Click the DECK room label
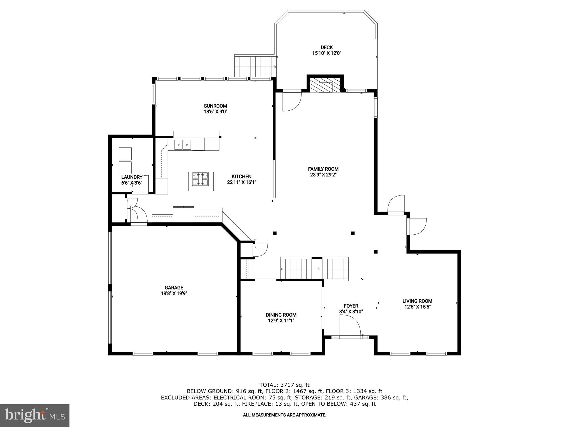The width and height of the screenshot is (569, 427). [x=326, y=48]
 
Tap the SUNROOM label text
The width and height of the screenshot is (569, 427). [x=215, y=106]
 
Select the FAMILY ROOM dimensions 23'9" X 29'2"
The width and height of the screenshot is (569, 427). [x=323, y=175]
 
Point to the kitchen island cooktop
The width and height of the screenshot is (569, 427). [x=201, y=179]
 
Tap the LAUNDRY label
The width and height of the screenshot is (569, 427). [x=132, y=177]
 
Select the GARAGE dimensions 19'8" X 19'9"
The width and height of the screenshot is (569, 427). [x=174, y=293]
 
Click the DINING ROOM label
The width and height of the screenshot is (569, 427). [x=281, y=315]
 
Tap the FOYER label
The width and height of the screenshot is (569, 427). [x=351, y=306]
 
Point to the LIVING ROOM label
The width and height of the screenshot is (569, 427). [x=417, y=301]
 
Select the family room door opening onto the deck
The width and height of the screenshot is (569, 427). [x=292, y=100]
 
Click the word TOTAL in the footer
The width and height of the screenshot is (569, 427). [x=268, y=385]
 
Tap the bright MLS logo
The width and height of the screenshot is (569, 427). [x=35, y=415]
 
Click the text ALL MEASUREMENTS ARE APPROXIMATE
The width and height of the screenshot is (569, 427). [x=284, y=415]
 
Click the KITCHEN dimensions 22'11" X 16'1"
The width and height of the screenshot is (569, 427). [x=241, y=182]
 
